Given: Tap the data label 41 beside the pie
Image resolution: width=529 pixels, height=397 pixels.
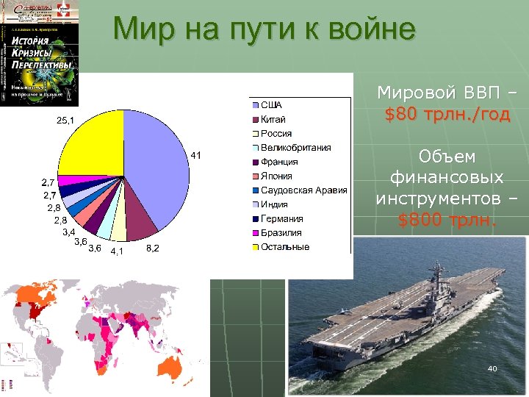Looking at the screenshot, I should point(196,155).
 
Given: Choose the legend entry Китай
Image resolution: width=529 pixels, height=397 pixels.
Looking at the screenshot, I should point(273,119).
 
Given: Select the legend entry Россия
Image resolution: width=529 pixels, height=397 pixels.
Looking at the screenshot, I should point(276,134).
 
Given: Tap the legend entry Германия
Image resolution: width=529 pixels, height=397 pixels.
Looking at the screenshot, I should point(281,218).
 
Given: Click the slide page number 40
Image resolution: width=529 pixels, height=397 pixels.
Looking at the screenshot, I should point(492,368).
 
